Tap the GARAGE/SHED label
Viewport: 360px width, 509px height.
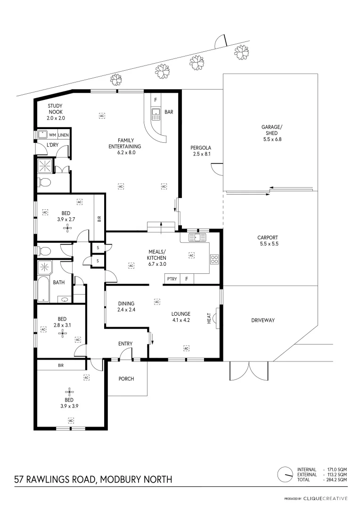point(272,133)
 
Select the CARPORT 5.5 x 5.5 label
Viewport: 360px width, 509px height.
point(268,241)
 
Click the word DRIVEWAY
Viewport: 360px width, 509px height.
point(263,320)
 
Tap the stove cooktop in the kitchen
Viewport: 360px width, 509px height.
point(214,259)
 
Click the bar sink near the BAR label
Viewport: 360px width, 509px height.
point(155,112)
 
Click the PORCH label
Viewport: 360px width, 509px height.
point(126,378)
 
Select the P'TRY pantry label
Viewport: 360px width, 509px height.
point(172,279)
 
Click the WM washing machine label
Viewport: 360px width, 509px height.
point(52,135)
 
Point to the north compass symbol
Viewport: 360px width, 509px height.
point(284,474)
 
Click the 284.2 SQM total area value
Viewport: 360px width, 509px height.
point(337,479)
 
